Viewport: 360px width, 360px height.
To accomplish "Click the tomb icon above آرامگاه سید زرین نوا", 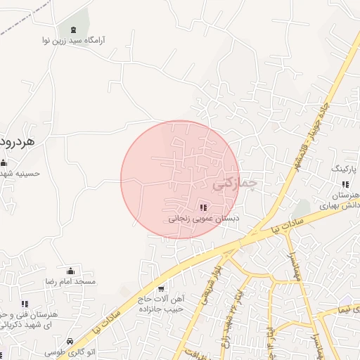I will point(73,30).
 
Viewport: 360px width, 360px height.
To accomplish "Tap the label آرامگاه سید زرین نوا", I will point(73,41).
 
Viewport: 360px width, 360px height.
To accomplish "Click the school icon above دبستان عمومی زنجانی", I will point(203,207).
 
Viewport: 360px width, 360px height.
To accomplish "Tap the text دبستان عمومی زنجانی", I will point(203,219).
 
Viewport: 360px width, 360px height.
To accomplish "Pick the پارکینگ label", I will point(345,169).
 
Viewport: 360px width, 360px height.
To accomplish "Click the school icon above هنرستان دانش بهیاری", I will point(345,184).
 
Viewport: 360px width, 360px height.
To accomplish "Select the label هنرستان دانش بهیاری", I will point(340,200).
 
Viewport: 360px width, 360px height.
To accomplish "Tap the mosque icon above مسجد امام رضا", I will point(70,271).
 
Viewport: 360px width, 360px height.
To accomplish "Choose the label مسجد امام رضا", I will point(70,281).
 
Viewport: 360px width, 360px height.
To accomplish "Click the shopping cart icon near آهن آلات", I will point(161,288).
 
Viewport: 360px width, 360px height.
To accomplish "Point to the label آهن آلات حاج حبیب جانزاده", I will point(161,304).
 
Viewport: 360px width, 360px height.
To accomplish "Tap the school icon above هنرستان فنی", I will point(25,304).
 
